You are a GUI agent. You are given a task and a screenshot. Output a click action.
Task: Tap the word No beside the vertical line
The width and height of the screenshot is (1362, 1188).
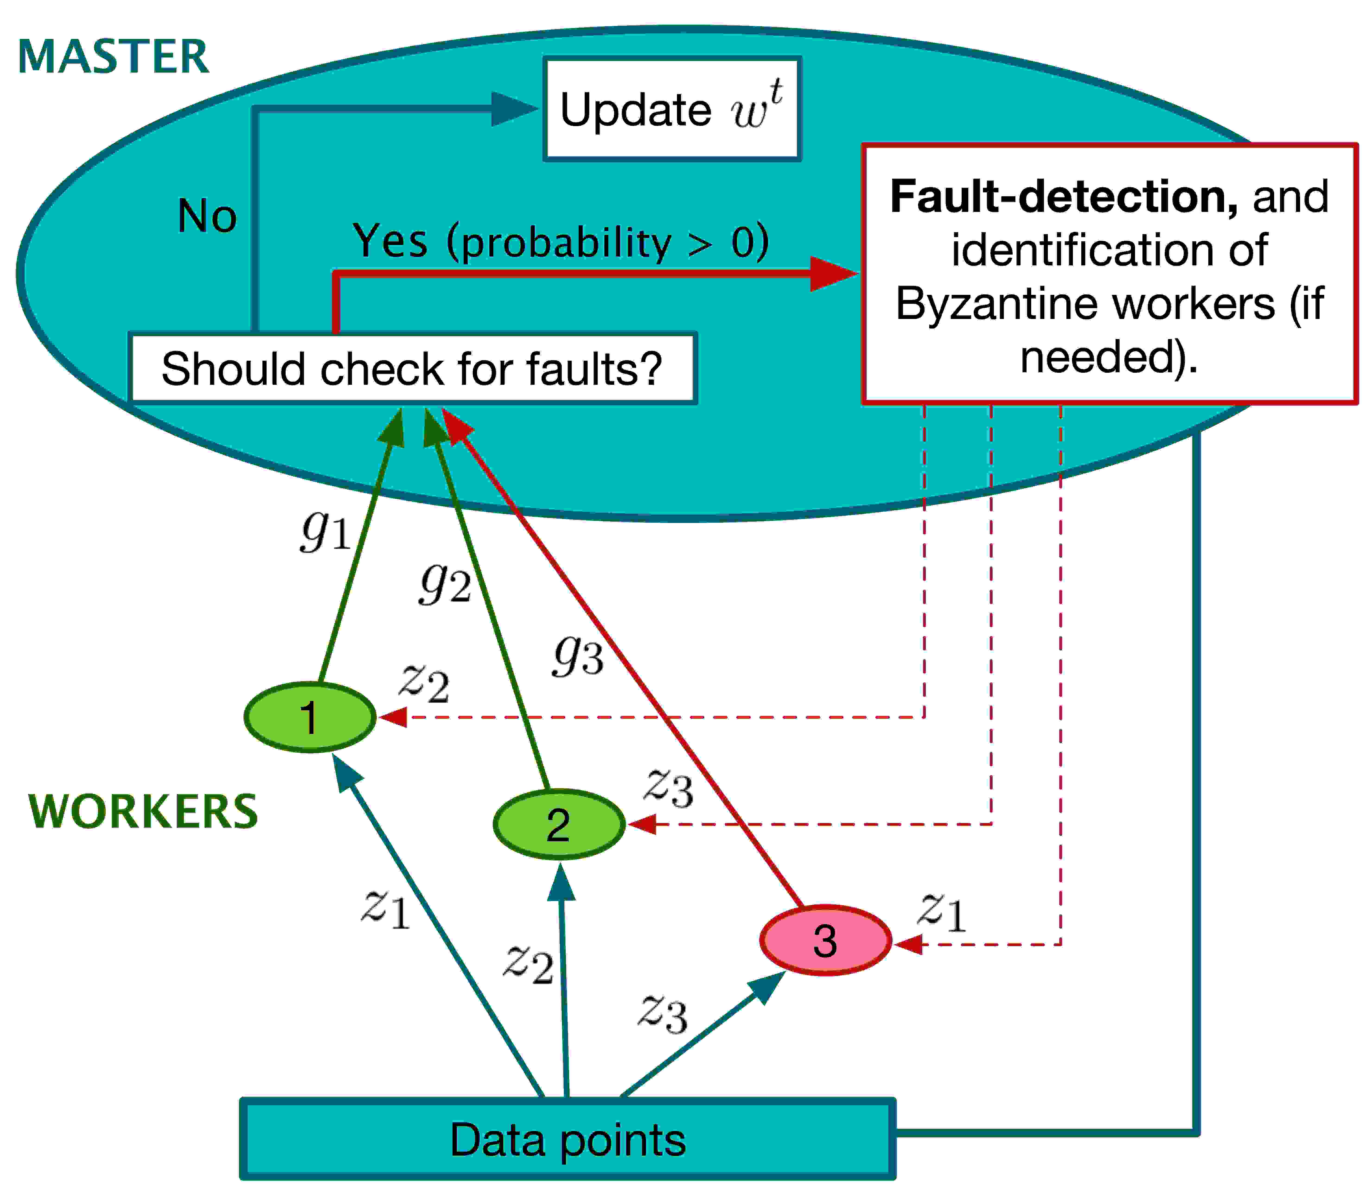(207, 216)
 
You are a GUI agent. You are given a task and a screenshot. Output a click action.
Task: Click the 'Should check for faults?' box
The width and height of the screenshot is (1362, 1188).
(412, 368)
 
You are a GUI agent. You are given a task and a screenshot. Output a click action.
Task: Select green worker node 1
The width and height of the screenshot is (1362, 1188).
(310, 717)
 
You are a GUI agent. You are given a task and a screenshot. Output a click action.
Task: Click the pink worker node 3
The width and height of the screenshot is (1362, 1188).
(825, 940)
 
